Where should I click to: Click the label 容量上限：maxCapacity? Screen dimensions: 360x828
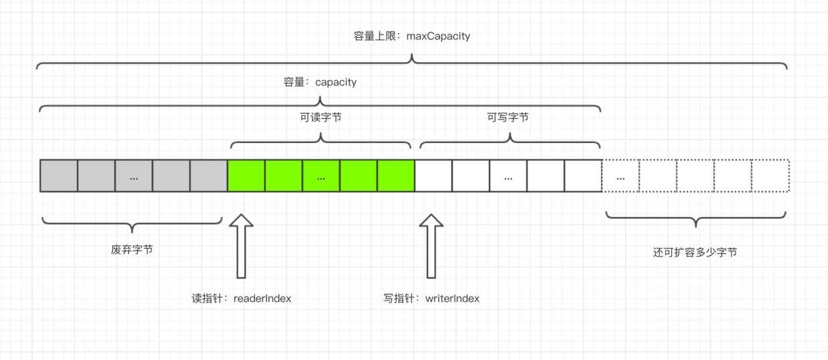point(412,36)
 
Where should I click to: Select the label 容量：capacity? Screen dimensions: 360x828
point(320,82)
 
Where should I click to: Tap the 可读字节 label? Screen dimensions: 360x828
point(321,117)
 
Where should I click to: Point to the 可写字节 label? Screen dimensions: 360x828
point(508,117)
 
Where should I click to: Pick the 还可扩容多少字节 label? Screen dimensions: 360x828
point(695,252)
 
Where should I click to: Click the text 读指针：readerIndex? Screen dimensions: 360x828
point(241,299)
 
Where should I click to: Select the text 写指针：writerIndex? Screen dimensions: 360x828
point(431,299)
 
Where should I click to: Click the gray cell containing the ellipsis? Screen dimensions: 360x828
point(134,176)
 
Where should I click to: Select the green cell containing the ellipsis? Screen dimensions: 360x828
point(321,176)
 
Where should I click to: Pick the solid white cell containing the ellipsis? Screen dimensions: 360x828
point(508,176)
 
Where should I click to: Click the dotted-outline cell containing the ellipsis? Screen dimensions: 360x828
point(621,176)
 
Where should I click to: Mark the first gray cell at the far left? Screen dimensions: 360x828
point(59,176)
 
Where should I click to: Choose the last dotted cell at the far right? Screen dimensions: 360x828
point(771,176)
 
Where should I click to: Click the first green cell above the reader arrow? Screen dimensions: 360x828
point(246,176)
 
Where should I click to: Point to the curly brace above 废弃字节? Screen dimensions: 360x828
point(132,222)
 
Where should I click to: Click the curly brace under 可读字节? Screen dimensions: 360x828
point(321,139)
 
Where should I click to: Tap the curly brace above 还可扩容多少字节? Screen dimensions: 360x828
point(695,218)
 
